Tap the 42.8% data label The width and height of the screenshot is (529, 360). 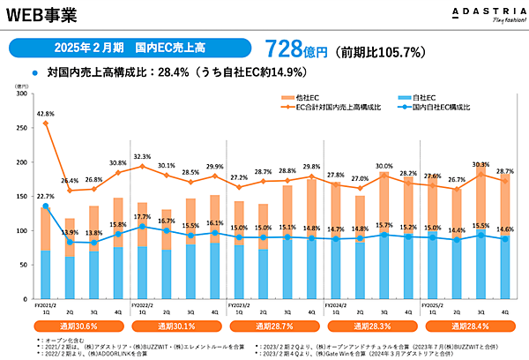click(46, 113)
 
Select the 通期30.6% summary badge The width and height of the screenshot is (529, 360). click(80, 326)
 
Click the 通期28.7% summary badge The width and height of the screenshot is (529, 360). click(273, 326)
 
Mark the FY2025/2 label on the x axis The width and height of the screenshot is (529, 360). click(436, 303)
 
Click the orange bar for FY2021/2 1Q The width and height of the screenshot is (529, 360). click(46, 229)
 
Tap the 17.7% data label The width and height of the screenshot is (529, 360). click(143, 217)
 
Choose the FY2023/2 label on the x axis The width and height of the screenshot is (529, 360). click(242, 303)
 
